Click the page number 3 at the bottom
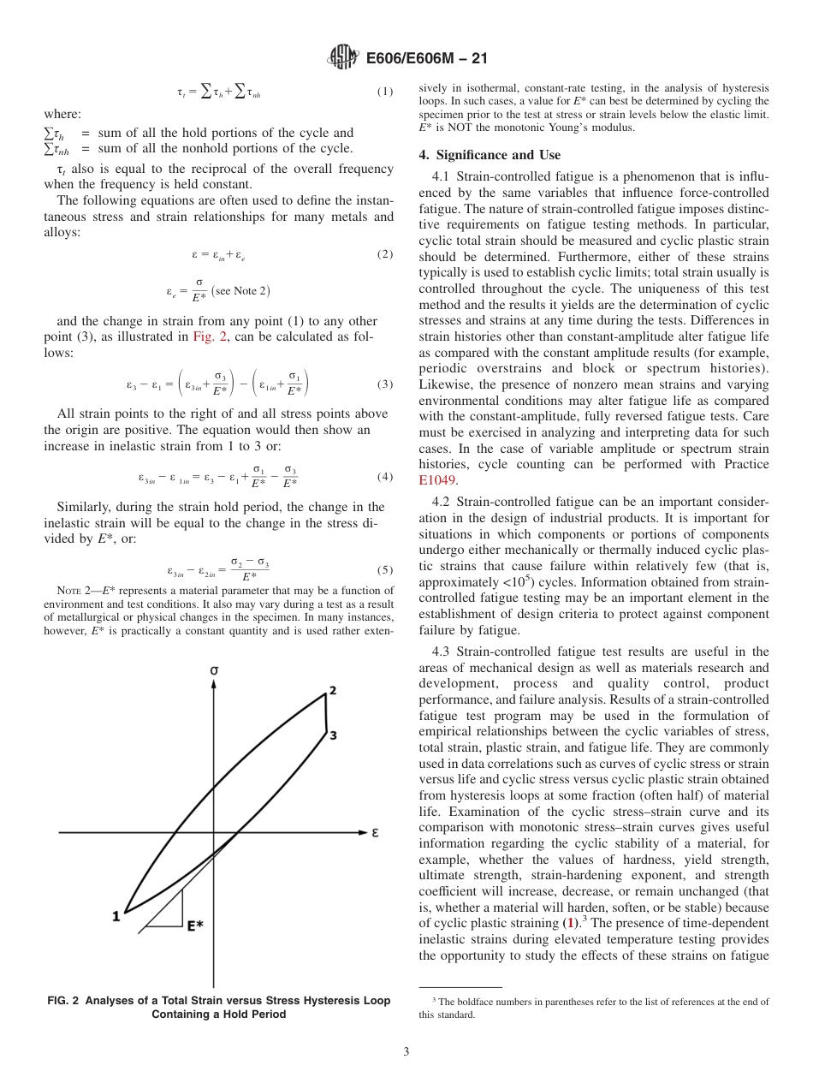tap(406, 1051)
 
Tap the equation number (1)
tap(385, 92)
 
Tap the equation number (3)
tap(385, 384)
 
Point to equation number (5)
tap(385, 569)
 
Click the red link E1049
tap(437, 479)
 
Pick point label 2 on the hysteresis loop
tap(332, 691)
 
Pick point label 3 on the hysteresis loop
tap(332, 735)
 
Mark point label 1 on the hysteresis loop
tap(116, 916)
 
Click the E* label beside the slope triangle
tap(195, 925)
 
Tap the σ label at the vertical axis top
tap(213, 671)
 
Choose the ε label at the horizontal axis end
tap(375, 832)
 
